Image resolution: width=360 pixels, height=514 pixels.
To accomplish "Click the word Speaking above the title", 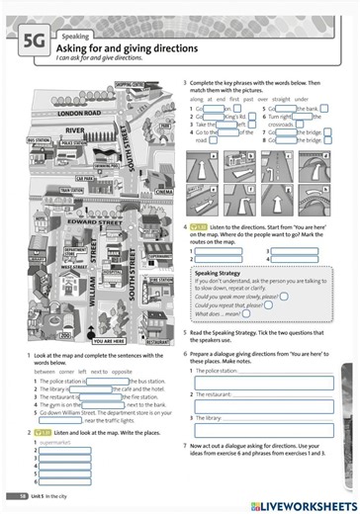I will [x=75, y=36].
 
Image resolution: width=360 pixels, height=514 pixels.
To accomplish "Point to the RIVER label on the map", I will [x=75, y=129].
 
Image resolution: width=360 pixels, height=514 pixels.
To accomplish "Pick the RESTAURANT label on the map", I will [x=157, y=341].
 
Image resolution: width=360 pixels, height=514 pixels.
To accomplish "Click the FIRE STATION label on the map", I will [x=159, y=281].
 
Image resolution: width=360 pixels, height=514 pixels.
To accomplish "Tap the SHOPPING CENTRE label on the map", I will [x=129, y=86].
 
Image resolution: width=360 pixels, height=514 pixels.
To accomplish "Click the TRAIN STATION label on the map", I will [x=72, y=190].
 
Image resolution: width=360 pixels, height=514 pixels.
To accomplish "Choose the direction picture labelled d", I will [x=313, y=169].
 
